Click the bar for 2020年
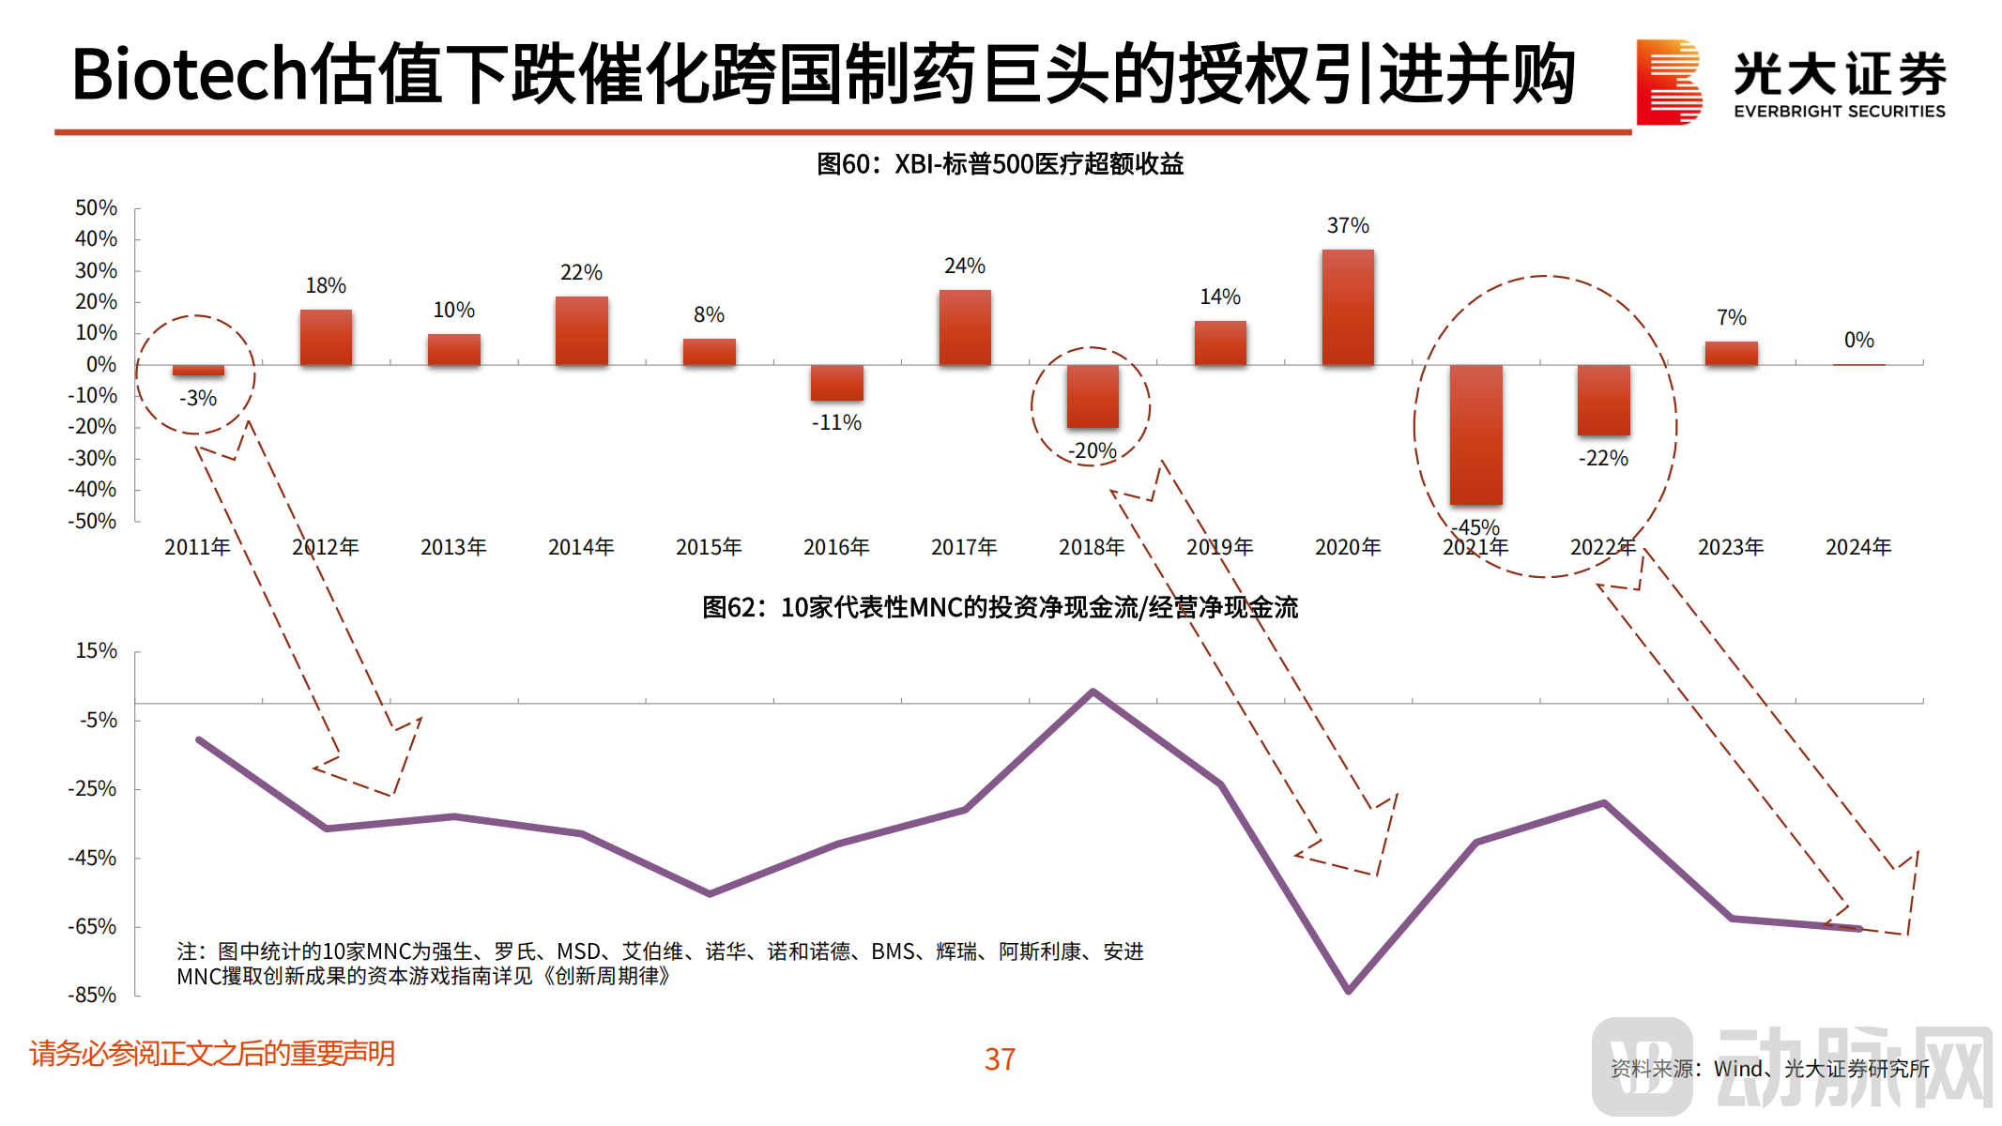[1348, 307]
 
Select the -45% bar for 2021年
[1475, 434]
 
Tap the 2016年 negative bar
[836, 382]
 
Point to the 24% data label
[964, 266]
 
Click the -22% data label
[1603, 459]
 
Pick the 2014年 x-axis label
[581, 547]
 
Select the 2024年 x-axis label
[1858, 547]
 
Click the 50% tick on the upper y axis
[96, 208]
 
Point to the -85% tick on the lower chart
[92, 995]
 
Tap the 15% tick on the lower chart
[96, 651]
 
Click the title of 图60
[1000, 164]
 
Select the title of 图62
[1000, 608]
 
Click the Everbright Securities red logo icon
[1668, 82]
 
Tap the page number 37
[1000, 1059]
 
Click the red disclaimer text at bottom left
[212, 1054]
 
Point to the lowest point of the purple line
[1348, 990]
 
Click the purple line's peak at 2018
[1093, 692]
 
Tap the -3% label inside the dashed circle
[198, 399]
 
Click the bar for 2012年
[326, 337]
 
